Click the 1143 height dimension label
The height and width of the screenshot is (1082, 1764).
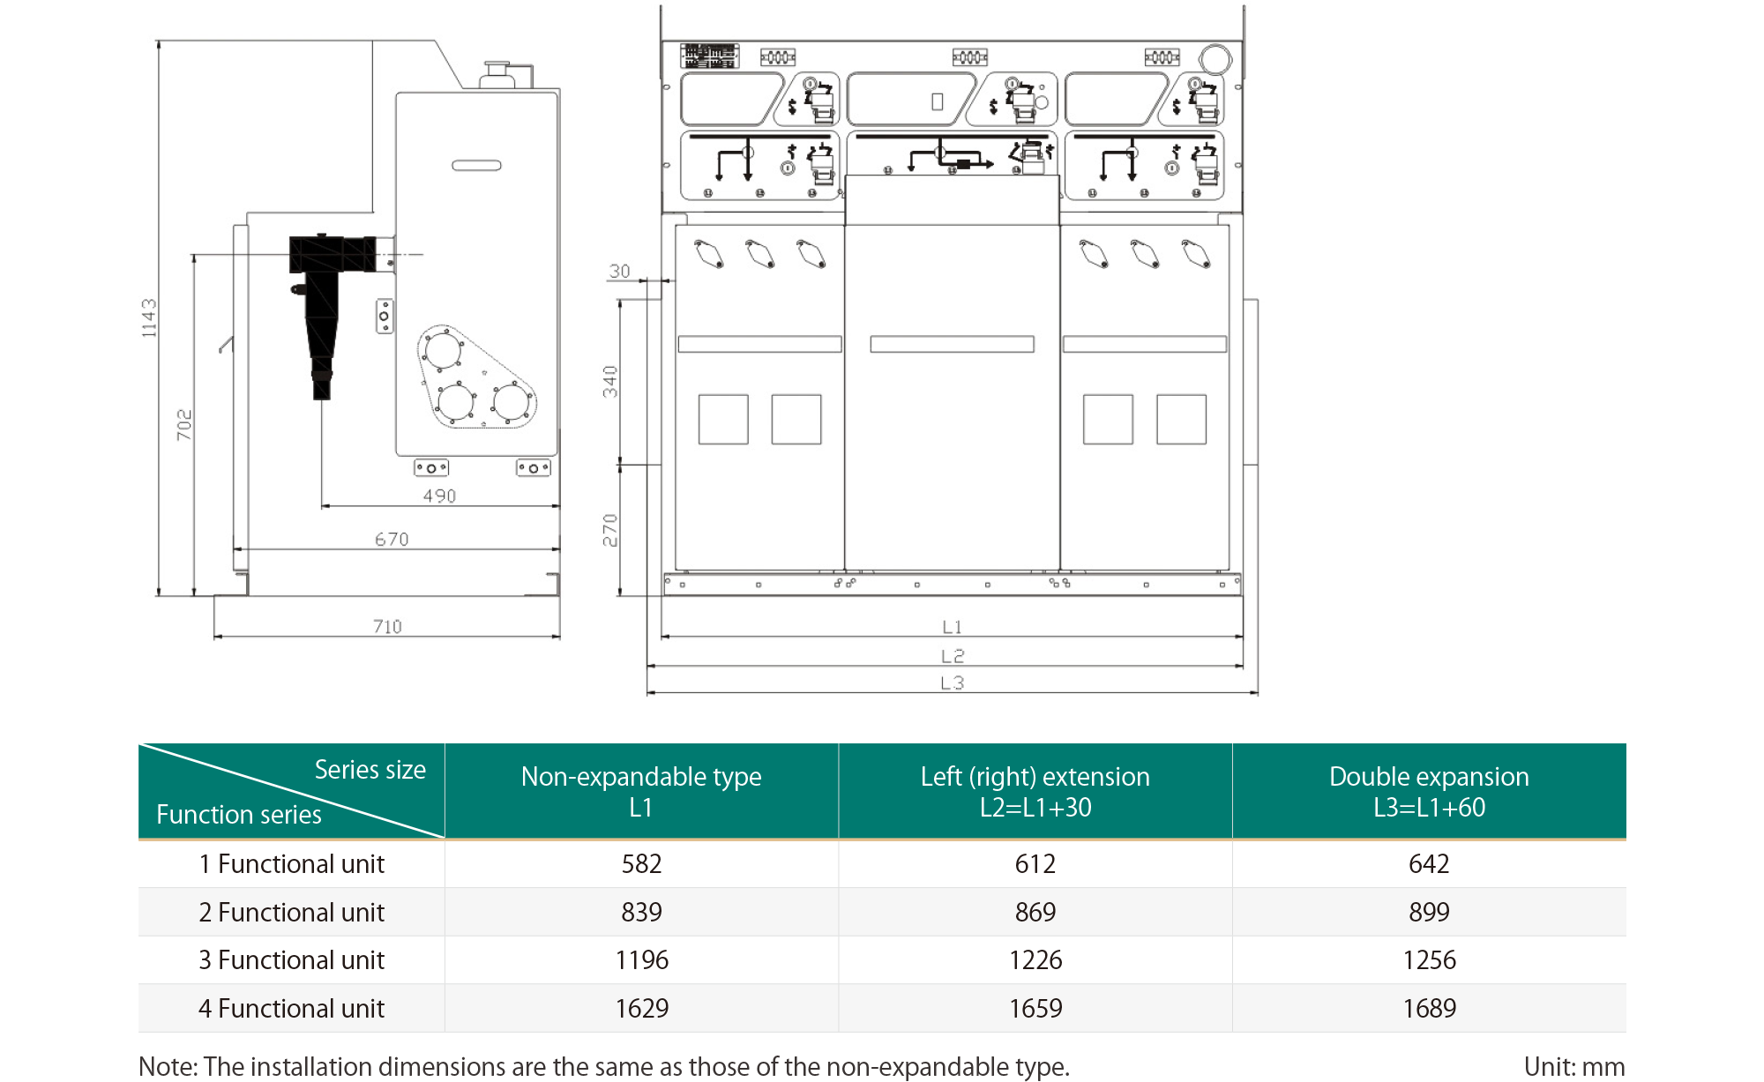149,317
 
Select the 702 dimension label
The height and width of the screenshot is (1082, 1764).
183,424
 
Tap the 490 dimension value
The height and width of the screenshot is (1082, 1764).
439,496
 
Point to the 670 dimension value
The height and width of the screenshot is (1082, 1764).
392,539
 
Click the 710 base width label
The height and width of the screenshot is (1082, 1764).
387,626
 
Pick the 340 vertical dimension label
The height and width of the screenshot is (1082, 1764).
609,382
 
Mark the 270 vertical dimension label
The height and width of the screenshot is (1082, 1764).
609,530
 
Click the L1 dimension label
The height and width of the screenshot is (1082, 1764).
952,627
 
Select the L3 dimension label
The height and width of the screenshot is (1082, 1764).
952,683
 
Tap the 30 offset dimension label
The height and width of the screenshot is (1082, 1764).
619,271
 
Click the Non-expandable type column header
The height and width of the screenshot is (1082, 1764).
641,791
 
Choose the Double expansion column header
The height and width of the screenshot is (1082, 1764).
1429,791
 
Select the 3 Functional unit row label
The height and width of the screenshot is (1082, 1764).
291,959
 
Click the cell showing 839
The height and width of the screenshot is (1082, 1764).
641,912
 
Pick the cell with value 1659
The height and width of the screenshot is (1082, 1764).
1035,1008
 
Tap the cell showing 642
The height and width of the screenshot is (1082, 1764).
1429,863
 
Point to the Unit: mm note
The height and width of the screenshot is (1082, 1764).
1573,1066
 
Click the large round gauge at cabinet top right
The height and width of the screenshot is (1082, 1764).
1215,59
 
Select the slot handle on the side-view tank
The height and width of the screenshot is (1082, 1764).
476,165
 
